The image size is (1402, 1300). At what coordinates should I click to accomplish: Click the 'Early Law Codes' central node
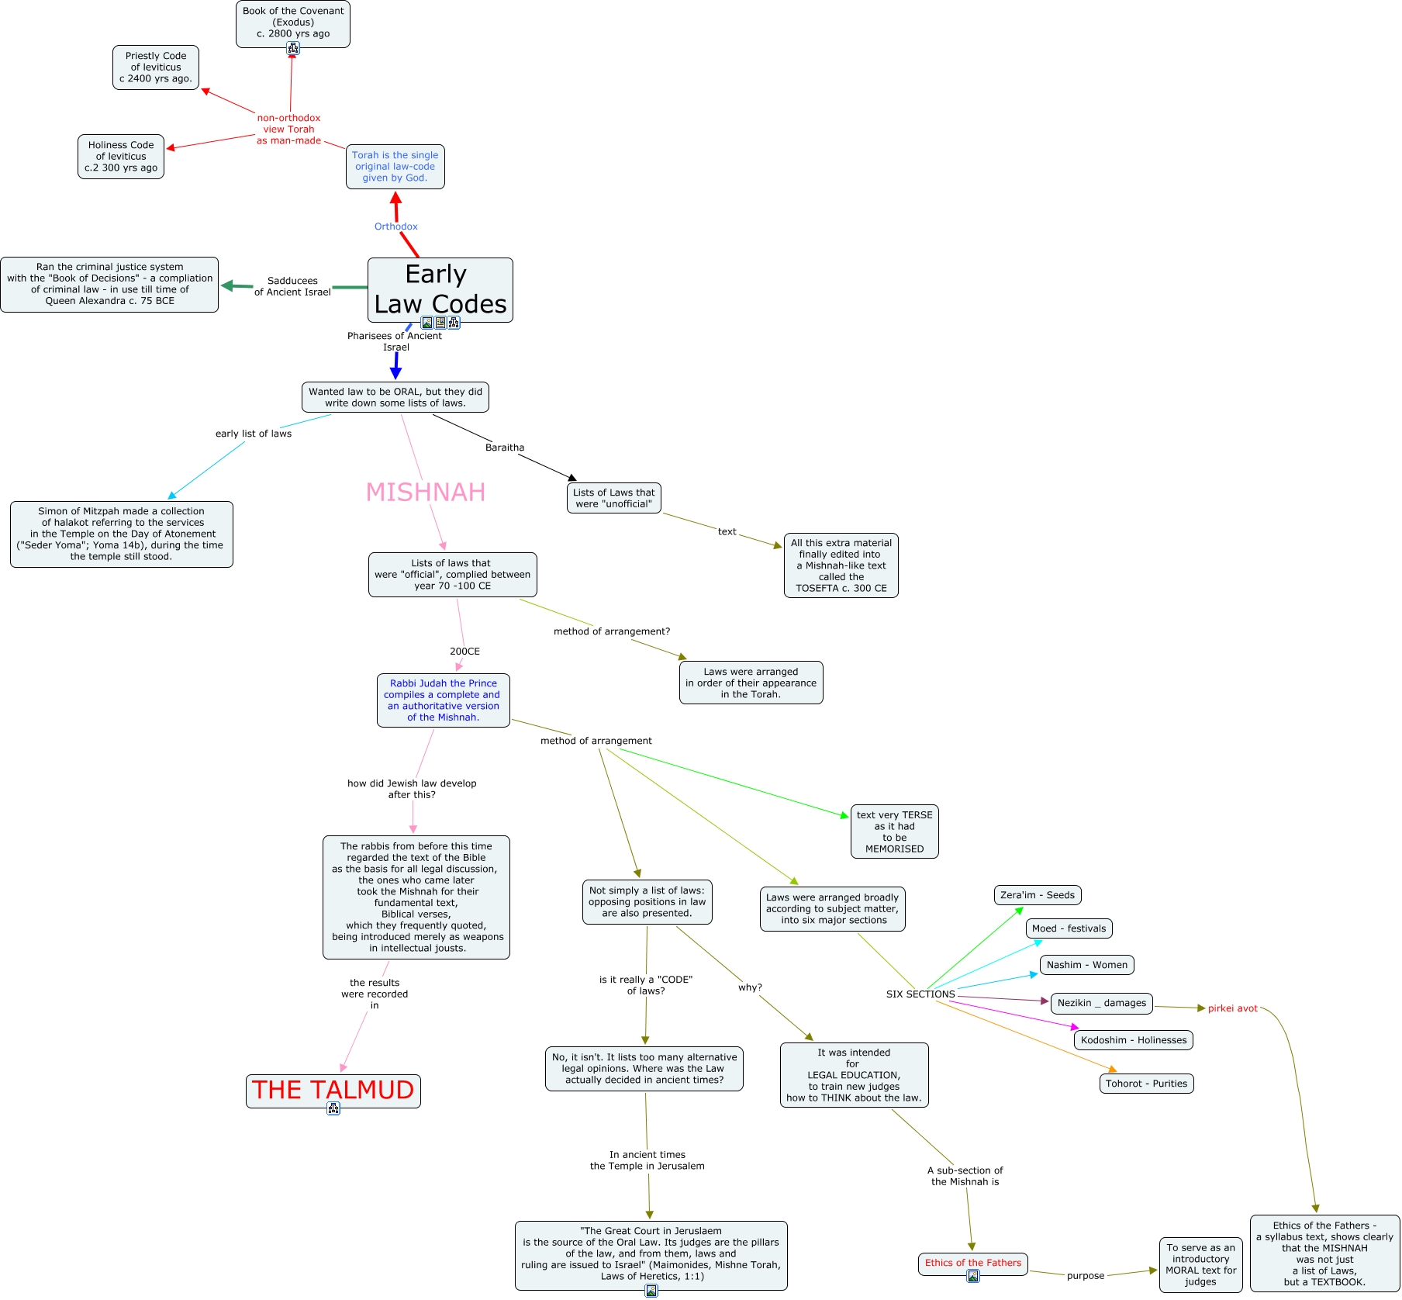(x=440, y=289)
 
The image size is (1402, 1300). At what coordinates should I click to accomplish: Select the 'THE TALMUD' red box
(x=333, y=1090)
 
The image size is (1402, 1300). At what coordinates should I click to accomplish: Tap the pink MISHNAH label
(x=425, y=492)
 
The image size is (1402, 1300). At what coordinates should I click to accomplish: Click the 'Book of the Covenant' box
(x=293, y=22)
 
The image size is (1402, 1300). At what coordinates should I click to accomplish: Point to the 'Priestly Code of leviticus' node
(x=156, y=67)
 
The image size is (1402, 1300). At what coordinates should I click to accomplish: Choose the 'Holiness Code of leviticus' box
(x=121, y=157)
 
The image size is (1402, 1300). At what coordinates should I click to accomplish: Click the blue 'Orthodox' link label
(x=395, y=226)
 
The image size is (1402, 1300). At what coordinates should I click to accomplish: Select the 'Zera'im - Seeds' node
(x=1037, y=895)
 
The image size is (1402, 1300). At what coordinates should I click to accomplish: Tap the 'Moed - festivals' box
(x=1069, y=928)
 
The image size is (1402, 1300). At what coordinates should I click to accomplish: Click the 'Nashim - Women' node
(x=1086, y=965)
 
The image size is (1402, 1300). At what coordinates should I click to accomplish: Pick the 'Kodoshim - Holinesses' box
(x=1133, y=1040)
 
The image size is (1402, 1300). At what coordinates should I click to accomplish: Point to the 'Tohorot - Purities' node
(x=1146, y=1084)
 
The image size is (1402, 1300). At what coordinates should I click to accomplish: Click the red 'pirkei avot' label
(x=1232, y=1008)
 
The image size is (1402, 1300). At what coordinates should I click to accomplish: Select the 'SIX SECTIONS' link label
(x=920, y=994)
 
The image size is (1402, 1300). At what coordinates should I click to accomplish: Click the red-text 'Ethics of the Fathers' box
(x=972, y=1263)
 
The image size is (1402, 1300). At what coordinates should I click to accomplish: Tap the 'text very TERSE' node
(x=894, y=832)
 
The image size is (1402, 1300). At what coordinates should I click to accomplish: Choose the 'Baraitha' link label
(x=505, y=448)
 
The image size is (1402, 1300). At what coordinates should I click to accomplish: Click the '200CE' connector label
(x=464, y=652)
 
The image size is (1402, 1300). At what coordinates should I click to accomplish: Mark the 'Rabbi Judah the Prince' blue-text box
(x=443, y=700)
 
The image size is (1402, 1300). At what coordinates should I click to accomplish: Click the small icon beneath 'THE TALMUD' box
(x=333, y=1109)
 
